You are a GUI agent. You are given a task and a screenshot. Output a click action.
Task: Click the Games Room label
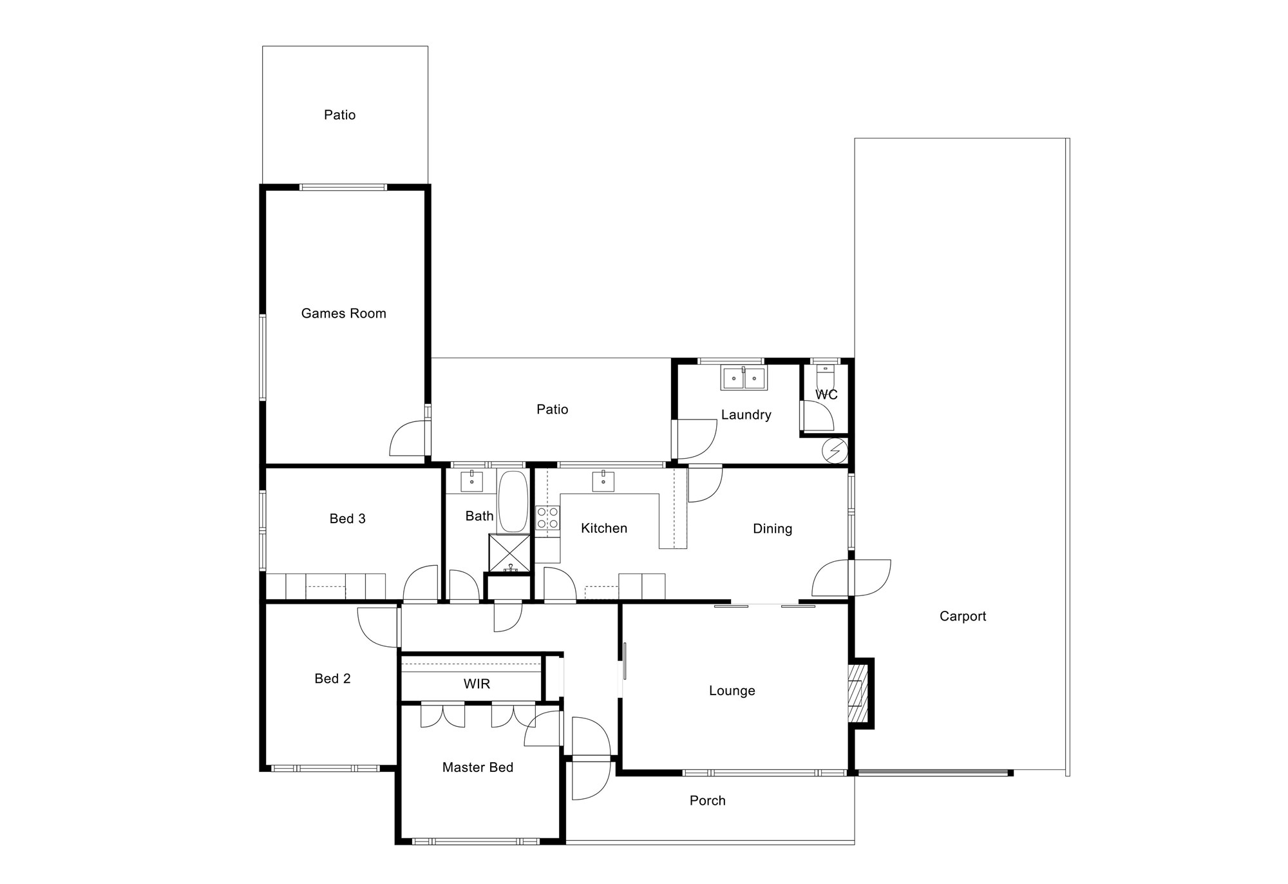pos(343,314)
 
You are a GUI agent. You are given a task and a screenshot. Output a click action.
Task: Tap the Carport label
pos(963,617)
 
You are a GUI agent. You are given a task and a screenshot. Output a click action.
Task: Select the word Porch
pos(707,801)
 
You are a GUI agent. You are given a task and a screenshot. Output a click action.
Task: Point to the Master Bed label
pos(477,767)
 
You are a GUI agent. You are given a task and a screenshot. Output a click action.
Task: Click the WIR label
pos(477,684)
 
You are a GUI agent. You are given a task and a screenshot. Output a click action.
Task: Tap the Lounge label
pos(732,691)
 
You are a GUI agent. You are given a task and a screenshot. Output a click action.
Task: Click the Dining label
pos(772,529)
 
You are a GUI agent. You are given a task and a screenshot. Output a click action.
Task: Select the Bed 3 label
pos(347,519)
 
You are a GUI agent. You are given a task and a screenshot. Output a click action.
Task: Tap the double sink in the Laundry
pos(744,378)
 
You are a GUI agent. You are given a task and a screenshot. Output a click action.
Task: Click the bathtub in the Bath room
pos(513,501)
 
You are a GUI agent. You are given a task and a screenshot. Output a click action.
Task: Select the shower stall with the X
pos(509,553)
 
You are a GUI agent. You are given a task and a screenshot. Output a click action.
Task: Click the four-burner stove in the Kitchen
pos(547,518)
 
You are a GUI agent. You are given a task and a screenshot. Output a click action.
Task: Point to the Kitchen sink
pos(603,481)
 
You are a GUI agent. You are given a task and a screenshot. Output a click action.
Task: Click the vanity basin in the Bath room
pos(471,481)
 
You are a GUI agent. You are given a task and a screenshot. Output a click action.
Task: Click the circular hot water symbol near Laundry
pos(835,451)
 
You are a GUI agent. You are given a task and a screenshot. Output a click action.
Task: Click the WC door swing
pos(817,416)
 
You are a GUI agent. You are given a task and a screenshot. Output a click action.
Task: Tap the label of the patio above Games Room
pos(339,115)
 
